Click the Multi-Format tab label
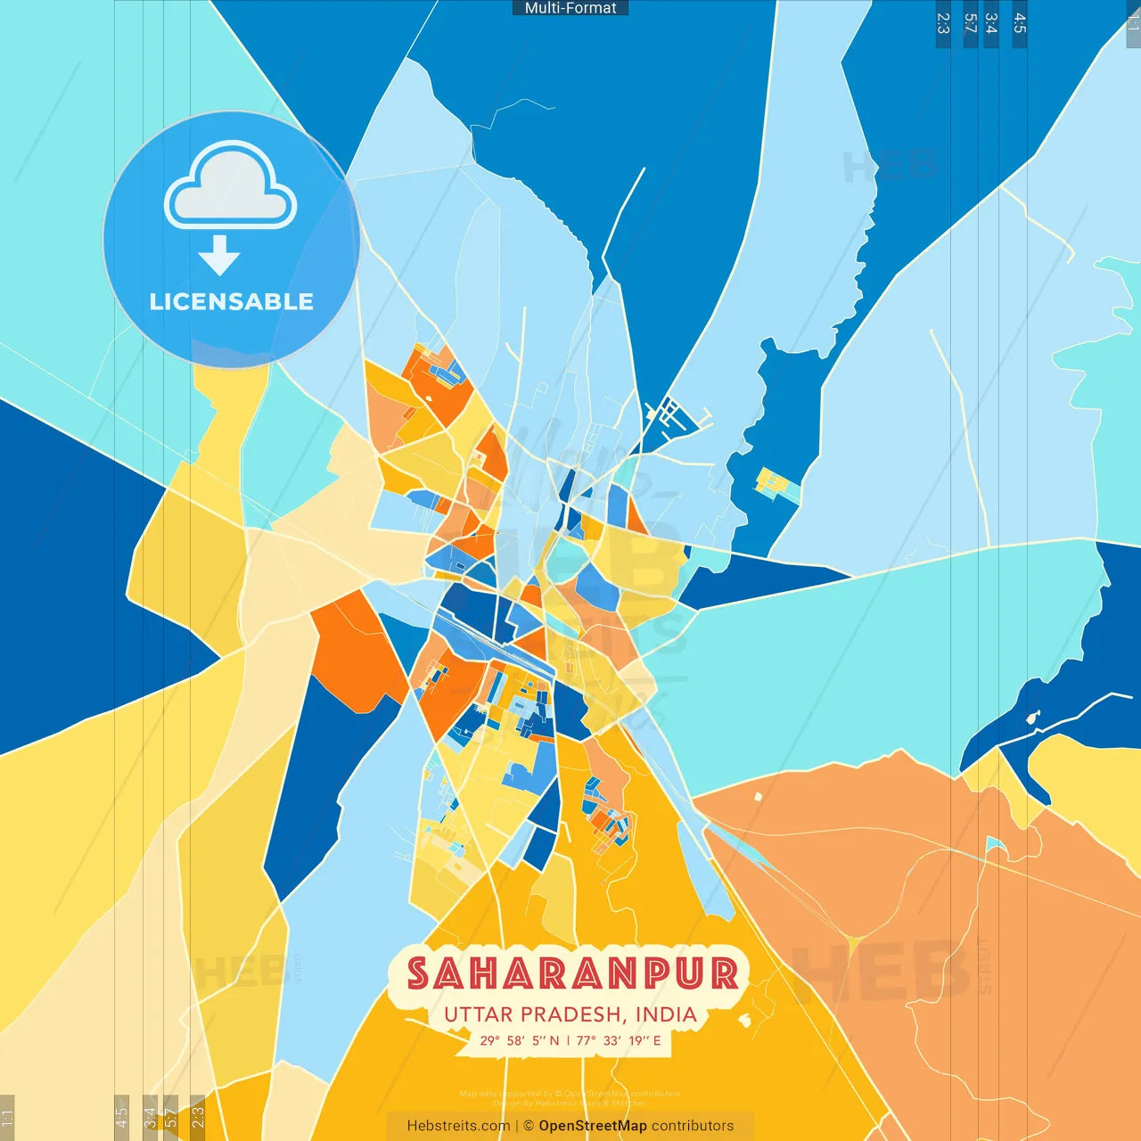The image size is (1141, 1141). [570, 8]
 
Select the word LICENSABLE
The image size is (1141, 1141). [231, 301]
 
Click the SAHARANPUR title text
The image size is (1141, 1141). [572, 973]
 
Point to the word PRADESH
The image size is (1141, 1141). [570, 1014]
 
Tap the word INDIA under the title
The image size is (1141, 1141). [666, 1014]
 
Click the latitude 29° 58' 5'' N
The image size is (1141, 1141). [520, 1040]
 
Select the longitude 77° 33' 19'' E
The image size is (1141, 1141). [619, 1040]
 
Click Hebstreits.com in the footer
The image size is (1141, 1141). [458, 1126]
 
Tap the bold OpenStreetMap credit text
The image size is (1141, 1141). [592, 1126]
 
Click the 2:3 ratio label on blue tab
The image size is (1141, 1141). [943, 23]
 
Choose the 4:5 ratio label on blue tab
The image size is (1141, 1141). [1020, 23]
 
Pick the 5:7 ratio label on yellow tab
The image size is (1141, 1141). [170, 1116]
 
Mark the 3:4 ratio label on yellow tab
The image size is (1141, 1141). [150, 1116]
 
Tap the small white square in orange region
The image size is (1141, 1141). [759, 796]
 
